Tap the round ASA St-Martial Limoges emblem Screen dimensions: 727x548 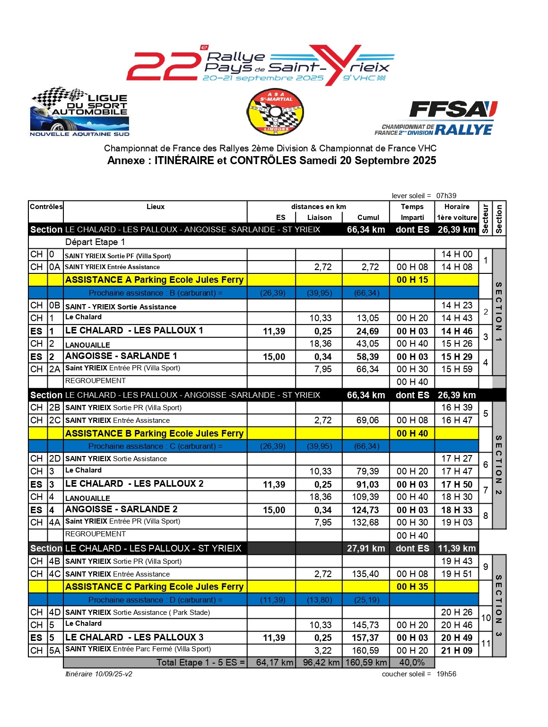[x=275, y=112]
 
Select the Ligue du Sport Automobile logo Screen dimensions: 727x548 [x=79, y=112]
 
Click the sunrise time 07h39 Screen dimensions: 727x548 [x=446, y=196]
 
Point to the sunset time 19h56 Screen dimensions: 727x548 [x=446, y=674]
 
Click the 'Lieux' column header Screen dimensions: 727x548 [x=156, y=207]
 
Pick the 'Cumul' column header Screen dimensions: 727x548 [x=368, y=218]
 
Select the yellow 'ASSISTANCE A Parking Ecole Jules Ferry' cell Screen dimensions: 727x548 [x=155, y=280]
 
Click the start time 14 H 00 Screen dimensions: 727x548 [x=457, y=254]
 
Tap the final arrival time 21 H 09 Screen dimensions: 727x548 [x=457, y=651]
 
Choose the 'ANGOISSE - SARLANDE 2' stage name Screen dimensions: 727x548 [x=122, y=509]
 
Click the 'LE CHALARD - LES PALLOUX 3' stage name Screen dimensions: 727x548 [x=134, y=637]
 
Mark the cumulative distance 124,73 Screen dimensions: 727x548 [x=365, y=510]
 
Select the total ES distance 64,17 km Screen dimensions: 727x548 [x=275, y=663]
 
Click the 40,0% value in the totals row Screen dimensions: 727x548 [x=412, y=663]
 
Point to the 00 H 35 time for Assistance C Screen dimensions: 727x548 [x=412, y=587]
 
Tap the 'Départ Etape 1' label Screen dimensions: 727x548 [x=95, y=242]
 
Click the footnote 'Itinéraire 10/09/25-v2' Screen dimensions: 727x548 [x=99, y=674]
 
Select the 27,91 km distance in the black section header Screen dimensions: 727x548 [x=366, y=549]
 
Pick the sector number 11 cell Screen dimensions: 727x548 [x=486, y=644]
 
